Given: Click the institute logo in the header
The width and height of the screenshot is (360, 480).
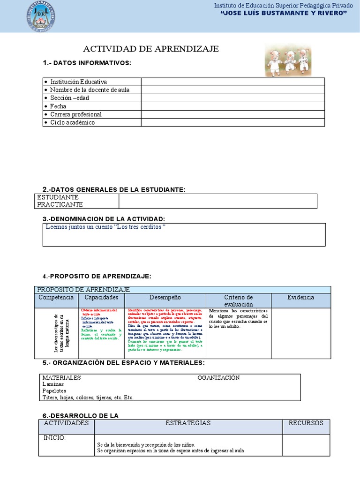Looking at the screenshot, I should tap(43, 16).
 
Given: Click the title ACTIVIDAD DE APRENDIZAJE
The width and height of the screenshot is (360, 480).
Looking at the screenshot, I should tap(151, 49).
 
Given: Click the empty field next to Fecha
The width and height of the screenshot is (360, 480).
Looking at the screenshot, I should tap(232, 106).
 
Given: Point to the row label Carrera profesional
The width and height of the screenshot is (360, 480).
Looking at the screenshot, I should tap(75, 114).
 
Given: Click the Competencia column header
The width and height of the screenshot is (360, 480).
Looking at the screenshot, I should tap(56, 298).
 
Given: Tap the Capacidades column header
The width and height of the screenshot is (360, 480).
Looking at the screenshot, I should tap(101, 298).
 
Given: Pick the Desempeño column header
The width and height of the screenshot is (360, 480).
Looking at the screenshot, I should tap(165, 298).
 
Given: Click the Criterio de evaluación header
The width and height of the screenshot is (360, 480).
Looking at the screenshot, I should tap(238, 300).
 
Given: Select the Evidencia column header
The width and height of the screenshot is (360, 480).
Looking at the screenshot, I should tap(300, 298).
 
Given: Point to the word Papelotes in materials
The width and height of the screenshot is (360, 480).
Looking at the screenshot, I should tap(54, 390).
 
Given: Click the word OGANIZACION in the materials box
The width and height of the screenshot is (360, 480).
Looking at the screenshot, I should tap(218, 377).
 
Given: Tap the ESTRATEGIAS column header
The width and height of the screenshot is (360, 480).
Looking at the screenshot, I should tap(188, 423).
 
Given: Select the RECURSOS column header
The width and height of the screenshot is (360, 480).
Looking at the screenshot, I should tap(306, 423).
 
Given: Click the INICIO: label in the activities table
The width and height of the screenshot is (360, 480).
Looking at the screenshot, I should tap(55, 438).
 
